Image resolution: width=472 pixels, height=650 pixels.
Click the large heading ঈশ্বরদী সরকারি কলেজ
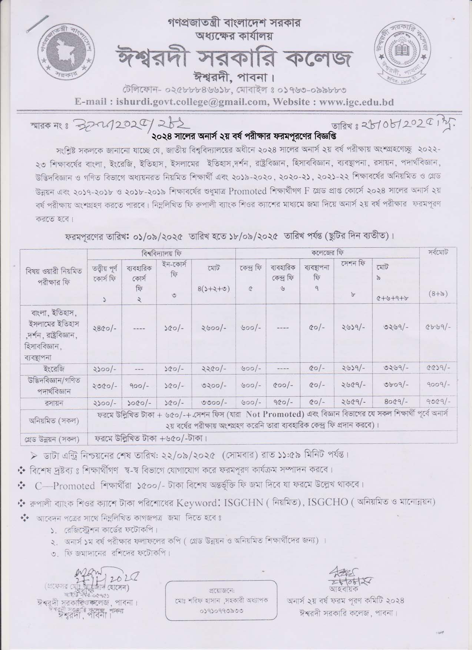[234, 59]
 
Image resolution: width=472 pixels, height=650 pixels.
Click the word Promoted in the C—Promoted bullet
[76, 486]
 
